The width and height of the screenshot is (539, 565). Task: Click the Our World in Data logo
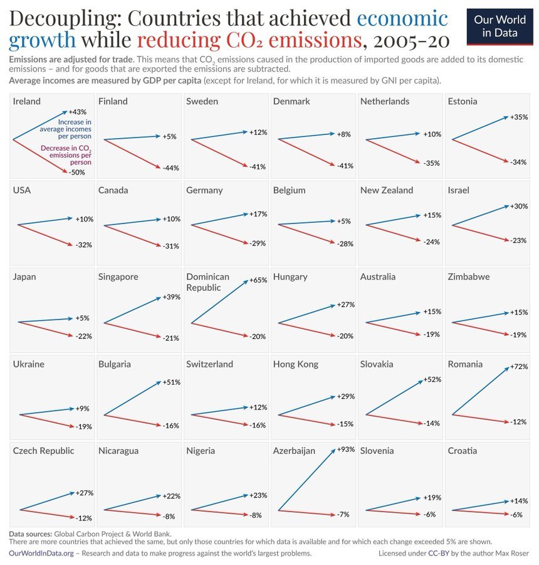pos(500,26)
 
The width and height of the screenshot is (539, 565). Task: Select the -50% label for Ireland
pos(77,172)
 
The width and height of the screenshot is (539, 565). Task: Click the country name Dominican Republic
pos(207,281)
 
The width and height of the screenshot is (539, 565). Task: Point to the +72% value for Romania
pos(519,366)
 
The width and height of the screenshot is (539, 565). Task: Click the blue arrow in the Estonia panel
pos(479,128)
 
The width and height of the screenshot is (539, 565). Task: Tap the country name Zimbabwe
pos(469,277)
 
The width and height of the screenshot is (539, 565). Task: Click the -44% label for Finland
pos(170,168)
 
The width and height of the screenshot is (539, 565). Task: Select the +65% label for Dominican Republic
pos(258,281)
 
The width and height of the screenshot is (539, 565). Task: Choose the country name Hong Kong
pos(295,364)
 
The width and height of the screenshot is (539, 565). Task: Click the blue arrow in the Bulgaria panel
pos(132,399)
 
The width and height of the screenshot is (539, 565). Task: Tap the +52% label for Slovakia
pos(432,380)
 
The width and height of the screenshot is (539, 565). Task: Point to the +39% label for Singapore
pos(171,297)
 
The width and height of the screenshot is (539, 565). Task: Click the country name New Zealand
pos(387,190)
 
